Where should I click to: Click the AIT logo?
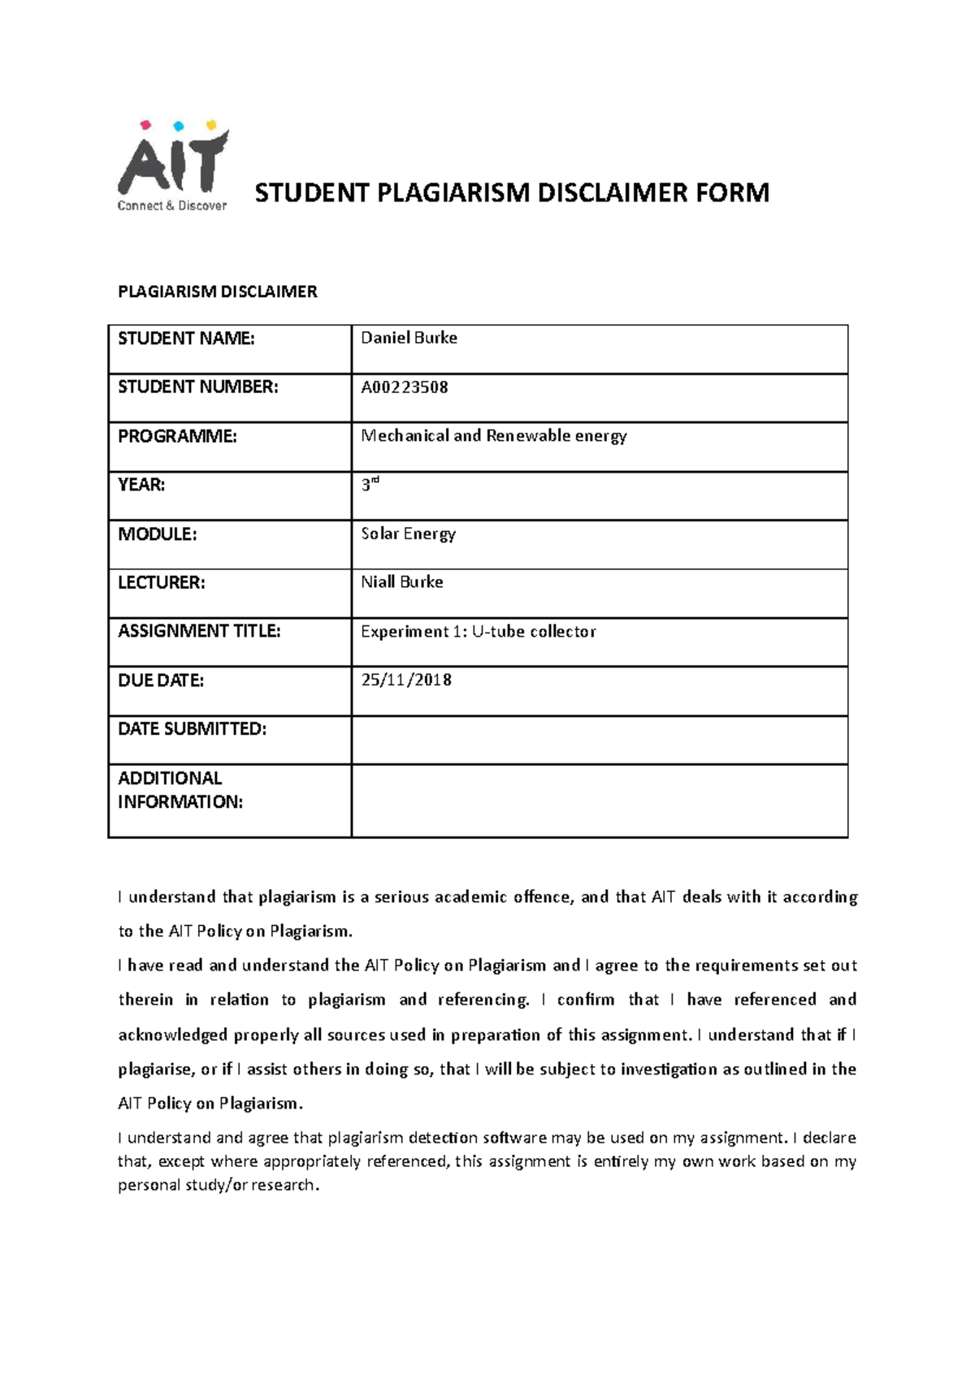(x=172, y=166)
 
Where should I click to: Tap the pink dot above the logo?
(x=146, y=125)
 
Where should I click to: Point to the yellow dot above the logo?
(x=211, y=125)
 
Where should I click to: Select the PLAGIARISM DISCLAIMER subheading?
(x=217, y=292)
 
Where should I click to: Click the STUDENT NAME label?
(x=186, y=339)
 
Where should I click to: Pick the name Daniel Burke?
(x=409, y=338)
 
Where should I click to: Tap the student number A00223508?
(x=405, y=387)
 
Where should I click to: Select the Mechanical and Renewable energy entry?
(x=493, y=436)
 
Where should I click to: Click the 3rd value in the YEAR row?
(x=370, y=485)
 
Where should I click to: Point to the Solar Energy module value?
(x=408, y=534)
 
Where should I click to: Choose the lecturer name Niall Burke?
(x=402, y=582)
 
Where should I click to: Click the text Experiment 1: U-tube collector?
(x=479, y=631)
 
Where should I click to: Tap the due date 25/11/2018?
(x=406, y=680)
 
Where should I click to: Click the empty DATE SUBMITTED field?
(x=599, y=740)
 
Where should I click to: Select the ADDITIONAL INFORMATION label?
(x=180, y=789)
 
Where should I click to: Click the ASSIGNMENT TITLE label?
(x=199, y=631)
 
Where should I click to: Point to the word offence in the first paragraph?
(x=544, y=897)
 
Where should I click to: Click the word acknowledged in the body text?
(x=172, y=1035)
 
